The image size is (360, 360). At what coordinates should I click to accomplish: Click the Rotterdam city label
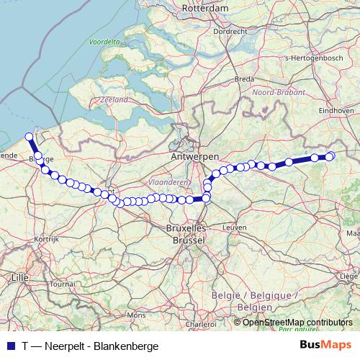coord(206,8)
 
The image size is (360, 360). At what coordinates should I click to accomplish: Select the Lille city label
coord(19,276)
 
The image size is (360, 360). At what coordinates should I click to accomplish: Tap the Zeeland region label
coord(114,99)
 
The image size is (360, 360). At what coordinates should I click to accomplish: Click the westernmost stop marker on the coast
coord(29,136)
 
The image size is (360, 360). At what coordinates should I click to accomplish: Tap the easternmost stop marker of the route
coord(330,156)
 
